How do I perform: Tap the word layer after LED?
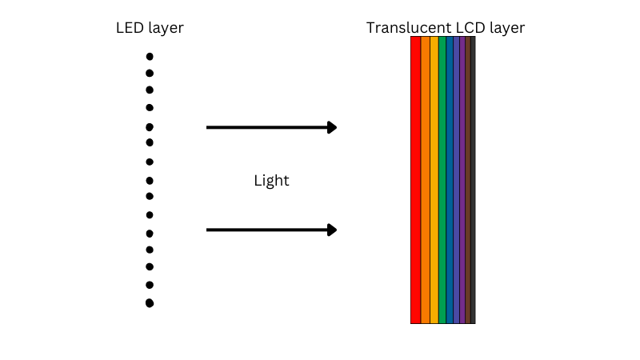pos(166,29)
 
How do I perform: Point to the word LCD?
pos(466,28)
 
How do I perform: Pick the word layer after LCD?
pos(506,29)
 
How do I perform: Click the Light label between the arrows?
pos(271,181)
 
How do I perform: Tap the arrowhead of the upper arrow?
pos(332,127)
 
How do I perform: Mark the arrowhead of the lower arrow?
pos(332,230)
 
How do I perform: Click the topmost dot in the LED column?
pos(150,57)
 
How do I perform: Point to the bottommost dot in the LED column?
pos(150,303)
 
